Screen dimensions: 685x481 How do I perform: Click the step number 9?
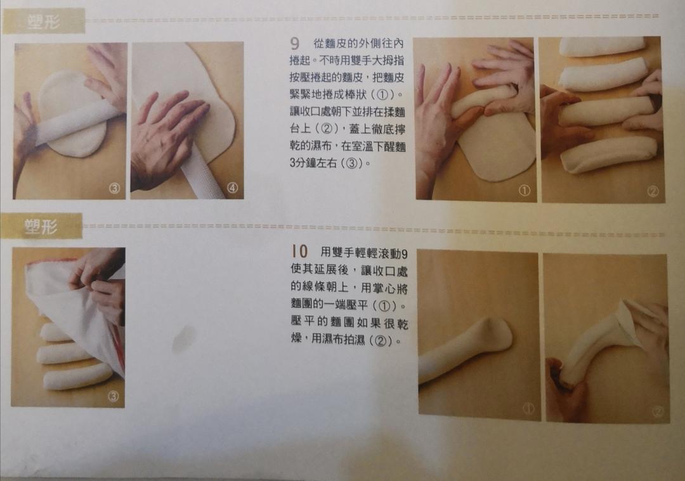click(x=295, y=44)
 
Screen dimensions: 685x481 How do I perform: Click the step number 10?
click(x=299, y=252)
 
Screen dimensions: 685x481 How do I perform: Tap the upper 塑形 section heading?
click(x=43, y=21)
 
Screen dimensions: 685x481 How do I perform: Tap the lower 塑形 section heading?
click(x=41, y=226)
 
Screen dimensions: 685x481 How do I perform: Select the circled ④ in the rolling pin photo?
click(x=232, y=188)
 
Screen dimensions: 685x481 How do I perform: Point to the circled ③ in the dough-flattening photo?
click(x=114, y=188)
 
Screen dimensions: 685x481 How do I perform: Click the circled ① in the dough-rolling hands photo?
click(x=525, y=190)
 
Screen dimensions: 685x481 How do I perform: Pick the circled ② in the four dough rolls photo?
click(x=653, y=191)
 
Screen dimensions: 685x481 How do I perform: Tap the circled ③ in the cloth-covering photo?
click(x=113, y=396)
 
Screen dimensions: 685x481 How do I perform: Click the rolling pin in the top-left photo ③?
click(x=77, y=124)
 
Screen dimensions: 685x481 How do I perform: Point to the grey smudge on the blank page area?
click(x=183, y=338)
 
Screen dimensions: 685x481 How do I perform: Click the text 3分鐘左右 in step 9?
click(x=313, y=163)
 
